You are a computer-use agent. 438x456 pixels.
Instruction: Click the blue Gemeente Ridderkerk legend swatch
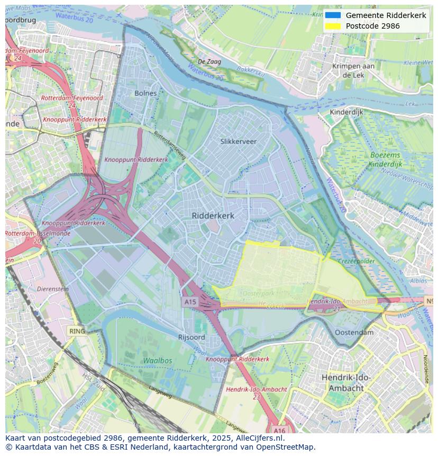coord(333,15)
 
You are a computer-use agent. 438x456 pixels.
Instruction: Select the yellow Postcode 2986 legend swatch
coord(333,26)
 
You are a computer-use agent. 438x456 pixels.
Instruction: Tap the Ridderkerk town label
coord(213,216)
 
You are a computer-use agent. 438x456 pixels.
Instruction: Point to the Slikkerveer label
coord(238,141)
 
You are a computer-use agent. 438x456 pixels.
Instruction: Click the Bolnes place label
coord(145,93)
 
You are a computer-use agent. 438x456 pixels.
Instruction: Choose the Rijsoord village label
coord(191,337)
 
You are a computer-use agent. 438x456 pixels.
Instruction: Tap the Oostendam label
coord(354,333)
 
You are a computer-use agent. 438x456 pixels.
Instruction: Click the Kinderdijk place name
coord(346,112)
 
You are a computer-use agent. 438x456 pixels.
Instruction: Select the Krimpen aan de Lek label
coord(353,70)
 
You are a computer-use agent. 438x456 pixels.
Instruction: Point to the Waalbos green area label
coord(157,360)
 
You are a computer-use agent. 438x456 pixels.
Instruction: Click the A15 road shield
coord(190,301)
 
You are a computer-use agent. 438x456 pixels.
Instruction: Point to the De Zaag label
coord(209,62)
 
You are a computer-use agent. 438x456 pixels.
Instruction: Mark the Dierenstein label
coord(53,289)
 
